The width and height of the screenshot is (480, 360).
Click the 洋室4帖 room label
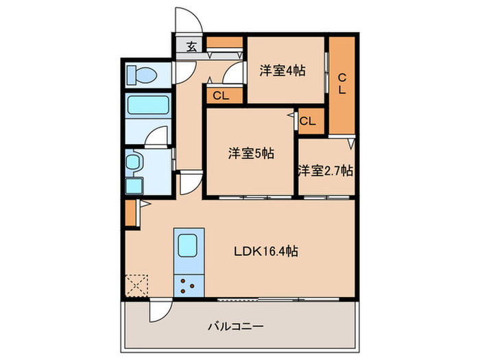tap(282, 71)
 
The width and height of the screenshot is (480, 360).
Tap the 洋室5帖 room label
tap(251, 154)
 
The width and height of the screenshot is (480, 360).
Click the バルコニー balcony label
tap(237, 326)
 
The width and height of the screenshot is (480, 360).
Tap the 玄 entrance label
tap(191, 47)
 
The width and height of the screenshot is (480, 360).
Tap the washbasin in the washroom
tap(134, 163)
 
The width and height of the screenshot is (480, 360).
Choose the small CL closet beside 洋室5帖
tap(307, 121)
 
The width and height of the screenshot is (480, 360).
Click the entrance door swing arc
tap(188, 19)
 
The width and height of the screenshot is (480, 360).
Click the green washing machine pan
tap(133, 185)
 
